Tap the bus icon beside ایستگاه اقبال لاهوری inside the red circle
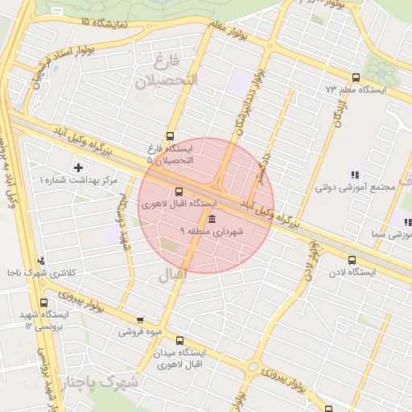pos(178,192)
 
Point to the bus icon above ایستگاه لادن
pos(352,260)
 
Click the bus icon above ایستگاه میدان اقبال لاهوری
pos(179,340)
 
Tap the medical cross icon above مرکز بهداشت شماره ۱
pos(78,167)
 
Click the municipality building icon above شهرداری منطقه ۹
pos(212,220)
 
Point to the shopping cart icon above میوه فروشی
pos(141,319)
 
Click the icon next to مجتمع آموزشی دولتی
pos(355,175)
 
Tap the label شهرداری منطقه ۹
pos(220,232)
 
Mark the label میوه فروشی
pos(141,332)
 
